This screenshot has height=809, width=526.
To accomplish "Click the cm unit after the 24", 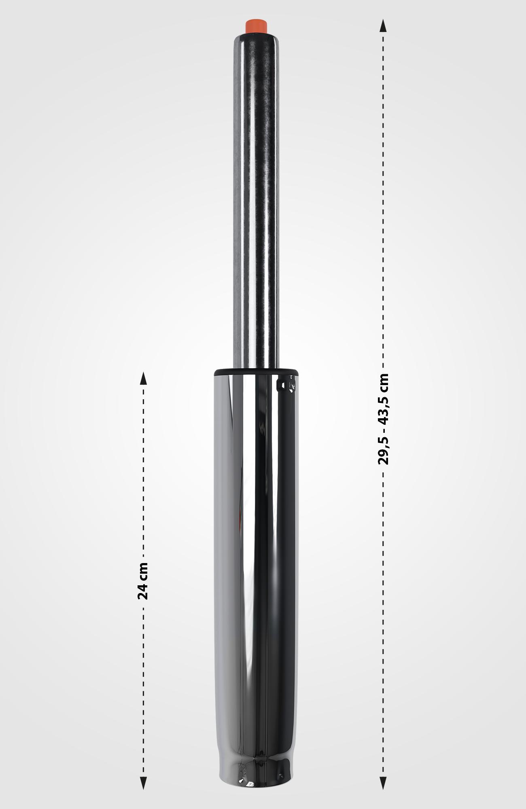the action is [143, 571].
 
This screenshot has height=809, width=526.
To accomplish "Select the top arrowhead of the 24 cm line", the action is [143, 378].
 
